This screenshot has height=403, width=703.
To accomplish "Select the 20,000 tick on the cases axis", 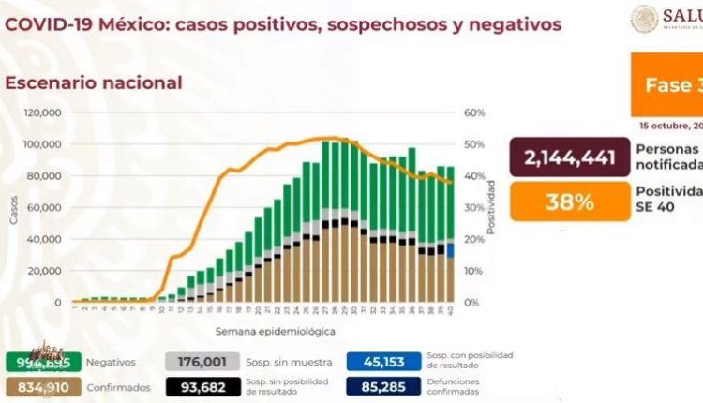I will click(x=45, y=270).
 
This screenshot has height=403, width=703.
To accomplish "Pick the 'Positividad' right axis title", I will click(x=490, y=208).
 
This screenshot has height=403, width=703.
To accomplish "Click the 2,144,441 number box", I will click(x=570, y=155).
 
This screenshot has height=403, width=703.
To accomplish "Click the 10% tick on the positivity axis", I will click(x=474, y=270).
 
